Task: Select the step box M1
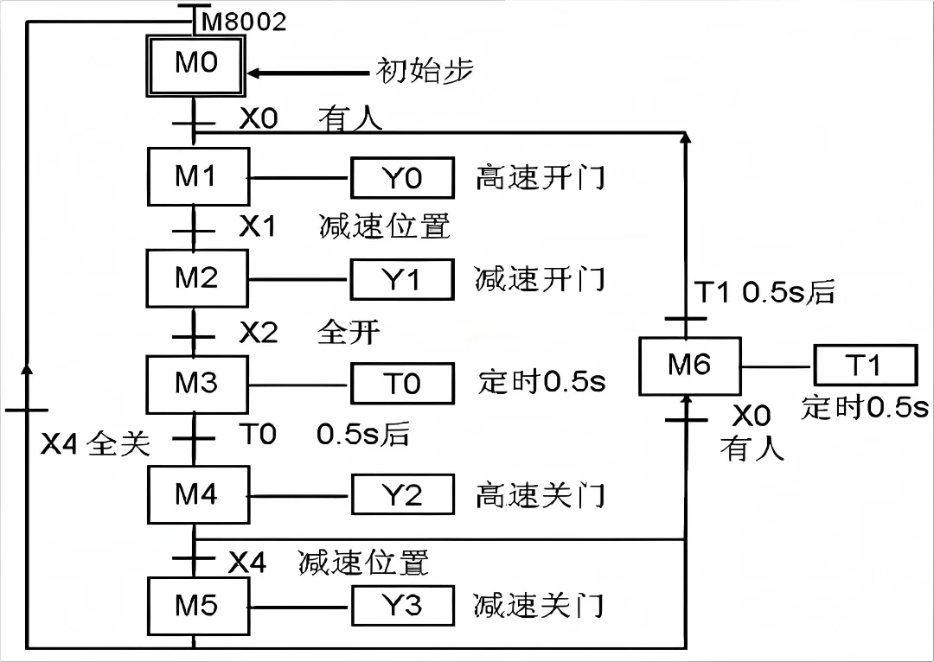[197, 176]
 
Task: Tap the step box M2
[197, 278]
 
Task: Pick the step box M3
[197, 383]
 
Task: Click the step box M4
[197, 494]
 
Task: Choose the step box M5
[197, 606]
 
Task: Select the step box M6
[689, 366]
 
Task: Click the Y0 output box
[402, 178]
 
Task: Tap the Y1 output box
[402, 280]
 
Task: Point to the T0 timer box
[402, 384]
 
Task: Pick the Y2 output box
[402, 495]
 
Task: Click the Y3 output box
[402, 606]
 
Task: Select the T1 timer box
[864, 366]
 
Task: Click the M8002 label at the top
[244, 22]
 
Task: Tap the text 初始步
[425, 71]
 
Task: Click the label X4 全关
[96, 443]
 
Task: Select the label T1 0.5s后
[765, 293]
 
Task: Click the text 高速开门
[540, 178]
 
